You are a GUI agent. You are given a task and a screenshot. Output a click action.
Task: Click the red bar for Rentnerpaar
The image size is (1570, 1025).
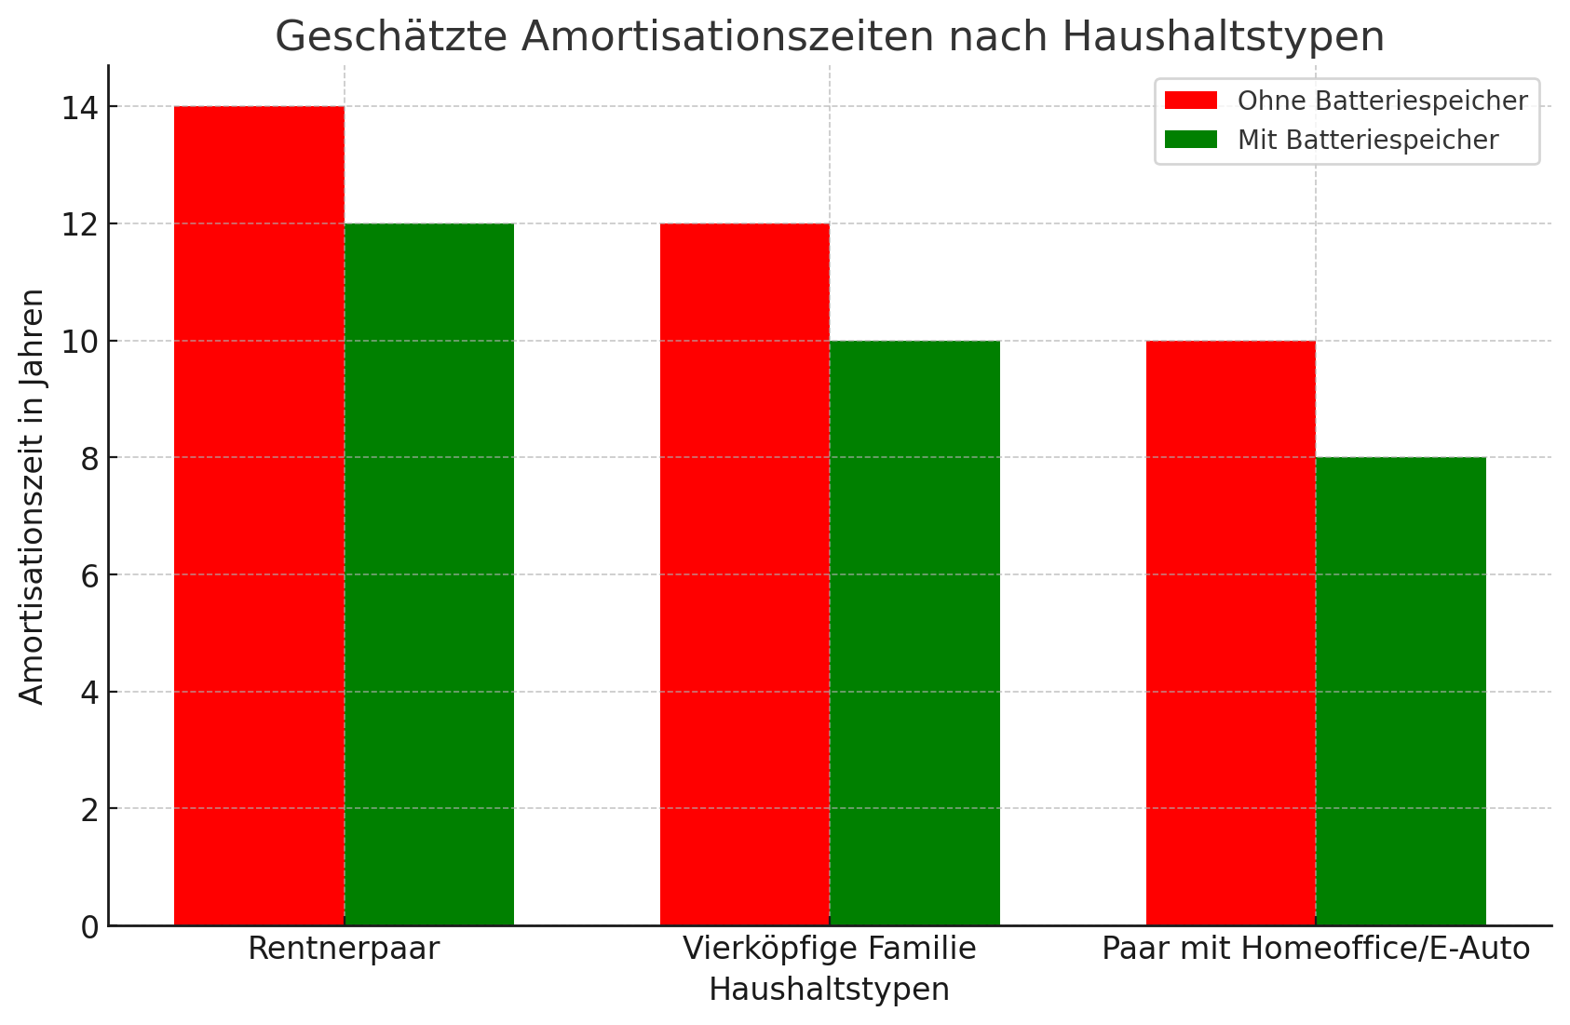259,516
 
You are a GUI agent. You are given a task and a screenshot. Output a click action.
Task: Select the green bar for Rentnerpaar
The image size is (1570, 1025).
429,574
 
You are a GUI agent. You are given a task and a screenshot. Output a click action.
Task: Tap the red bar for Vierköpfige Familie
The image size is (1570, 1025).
745,574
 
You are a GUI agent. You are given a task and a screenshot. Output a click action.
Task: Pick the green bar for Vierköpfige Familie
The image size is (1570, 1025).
914,633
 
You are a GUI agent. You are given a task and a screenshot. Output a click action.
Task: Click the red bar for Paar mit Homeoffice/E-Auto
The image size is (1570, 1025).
1230,633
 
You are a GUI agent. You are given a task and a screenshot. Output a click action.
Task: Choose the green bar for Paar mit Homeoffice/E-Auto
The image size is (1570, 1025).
1401,691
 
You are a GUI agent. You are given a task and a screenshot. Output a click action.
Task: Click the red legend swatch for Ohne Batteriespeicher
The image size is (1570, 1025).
1191,101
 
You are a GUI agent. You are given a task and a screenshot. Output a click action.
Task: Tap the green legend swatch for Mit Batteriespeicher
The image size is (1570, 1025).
1191,140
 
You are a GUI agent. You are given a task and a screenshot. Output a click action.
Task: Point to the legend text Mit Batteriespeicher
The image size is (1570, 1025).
1368,140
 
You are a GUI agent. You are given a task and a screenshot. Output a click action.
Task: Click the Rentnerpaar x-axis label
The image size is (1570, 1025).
344,949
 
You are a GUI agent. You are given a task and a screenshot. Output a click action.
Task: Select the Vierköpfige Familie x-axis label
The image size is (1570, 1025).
829,949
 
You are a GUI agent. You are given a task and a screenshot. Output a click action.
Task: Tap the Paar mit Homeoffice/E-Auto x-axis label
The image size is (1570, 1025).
1315,949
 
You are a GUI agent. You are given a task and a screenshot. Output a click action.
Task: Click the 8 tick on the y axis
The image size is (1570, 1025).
88,458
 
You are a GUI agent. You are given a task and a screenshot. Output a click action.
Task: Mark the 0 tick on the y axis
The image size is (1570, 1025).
88,927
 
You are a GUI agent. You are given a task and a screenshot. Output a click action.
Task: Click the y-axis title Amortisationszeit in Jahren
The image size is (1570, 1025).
32,496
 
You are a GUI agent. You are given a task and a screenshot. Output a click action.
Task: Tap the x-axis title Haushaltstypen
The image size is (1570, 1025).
829,990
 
